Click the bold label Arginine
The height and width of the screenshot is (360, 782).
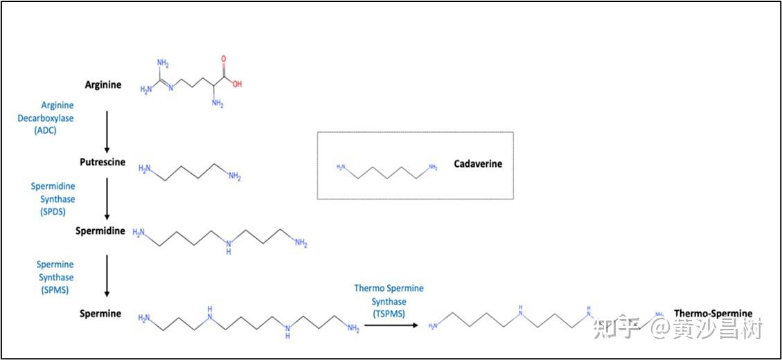[x=103, y=85]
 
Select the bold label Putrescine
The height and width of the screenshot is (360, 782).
[x=102, y=162]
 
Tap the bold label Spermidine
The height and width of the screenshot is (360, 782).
[x=100, y=231]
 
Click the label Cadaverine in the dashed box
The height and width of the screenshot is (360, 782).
[x=478, y=164]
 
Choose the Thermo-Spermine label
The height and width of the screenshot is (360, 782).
[x=713, y=314]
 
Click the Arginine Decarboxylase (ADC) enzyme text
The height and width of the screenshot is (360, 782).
[x=47, y=118]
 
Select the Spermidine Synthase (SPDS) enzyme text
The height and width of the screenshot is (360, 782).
[x=53, y=199]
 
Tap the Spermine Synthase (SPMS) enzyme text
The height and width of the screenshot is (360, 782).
[x=55, y=278]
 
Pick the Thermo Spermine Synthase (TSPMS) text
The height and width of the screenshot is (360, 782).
[x=389, y=301]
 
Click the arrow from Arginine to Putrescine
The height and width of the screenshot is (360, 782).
[x=107, y=129]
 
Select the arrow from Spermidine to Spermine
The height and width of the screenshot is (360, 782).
[x=107, y=274]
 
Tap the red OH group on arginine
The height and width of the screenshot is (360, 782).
[x=238, y=84]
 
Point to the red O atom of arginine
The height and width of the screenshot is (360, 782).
[x=224, y=60]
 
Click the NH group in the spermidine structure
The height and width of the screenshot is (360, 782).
[x=229, y=246]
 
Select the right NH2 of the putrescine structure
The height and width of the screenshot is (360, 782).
[x=235, y=178]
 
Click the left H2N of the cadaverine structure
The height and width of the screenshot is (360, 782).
[x=340, y=167]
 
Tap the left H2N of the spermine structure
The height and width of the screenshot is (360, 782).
[x=144, y=318]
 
